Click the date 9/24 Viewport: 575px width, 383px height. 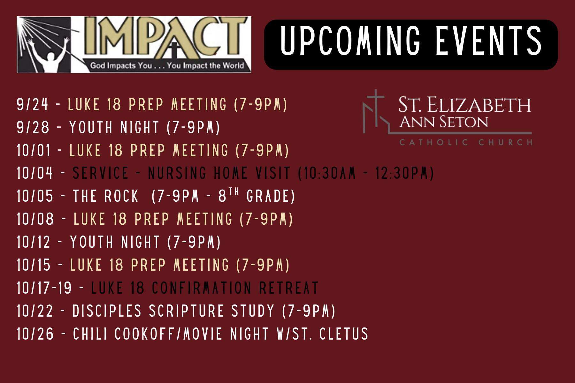32,104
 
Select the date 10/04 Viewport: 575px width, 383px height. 34,173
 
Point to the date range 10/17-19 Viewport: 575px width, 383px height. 44,288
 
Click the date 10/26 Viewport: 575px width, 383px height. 35,334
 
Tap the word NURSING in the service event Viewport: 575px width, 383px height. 177,173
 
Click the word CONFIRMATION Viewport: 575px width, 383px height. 202,288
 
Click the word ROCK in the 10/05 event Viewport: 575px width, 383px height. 121,196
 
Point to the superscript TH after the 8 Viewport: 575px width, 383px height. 234,191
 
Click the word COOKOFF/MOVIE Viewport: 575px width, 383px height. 168,334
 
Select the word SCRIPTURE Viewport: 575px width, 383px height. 186,311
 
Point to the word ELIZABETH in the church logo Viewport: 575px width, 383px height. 479,105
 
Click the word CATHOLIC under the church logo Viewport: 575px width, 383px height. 434,142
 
